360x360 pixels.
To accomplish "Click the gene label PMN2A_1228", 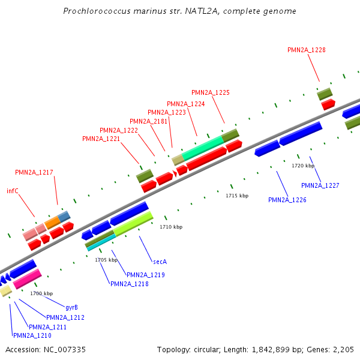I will tap(306, 50).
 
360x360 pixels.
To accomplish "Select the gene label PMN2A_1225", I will tap(210, 92).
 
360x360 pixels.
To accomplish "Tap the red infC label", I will tap(13, 191).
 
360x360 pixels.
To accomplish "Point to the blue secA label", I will tap(160, 262).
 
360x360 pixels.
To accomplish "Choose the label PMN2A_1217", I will tap(34, 172).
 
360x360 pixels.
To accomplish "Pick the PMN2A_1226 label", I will tap(287, 200).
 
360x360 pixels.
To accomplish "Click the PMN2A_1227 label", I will tap(320, 185).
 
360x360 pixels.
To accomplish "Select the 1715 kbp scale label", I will tap(237, 196).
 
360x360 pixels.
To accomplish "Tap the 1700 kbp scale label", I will tap(41, 293).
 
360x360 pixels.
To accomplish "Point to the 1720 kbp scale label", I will tap(303, 166).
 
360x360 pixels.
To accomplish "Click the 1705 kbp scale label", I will tap(106, 260).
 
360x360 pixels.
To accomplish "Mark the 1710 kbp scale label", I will tap(170, 227).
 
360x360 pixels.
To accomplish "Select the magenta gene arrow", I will tap(27, 279).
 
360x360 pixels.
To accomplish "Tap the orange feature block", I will tap(52, 222).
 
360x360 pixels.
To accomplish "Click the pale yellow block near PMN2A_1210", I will tap(5, 291).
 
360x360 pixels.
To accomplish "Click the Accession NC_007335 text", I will tap(46, 349).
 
